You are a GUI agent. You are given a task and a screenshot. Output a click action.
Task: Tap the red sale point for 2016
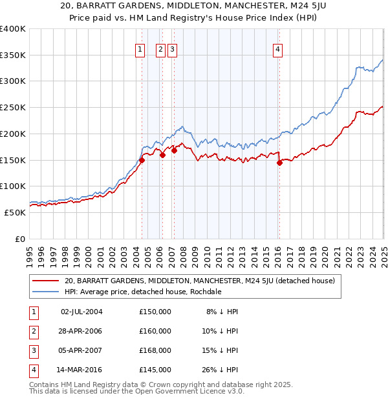tap(279, 163)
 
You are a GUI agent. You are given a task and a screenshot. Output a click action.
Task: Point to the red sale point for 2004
tap(142, 160)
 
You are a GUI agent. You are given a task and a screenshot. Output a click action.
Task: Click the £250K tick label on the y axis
tap(13, 107)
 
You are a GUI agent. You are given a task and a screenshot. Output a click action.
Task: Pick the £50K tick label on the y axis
tap(16, 212)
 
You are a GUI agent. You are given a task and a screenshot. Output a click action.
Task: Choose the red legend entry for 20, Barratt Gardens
tap(199, 281)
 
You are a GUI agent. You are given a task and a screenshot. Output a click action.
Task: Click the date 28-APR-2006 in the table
tap(81, 331)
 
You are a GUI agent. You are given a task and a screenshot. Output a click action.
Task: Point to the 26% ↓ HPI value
tap(219, 370)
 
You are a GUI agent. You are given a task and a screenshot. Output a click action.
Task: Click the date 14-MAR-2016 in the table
tap(81, 370)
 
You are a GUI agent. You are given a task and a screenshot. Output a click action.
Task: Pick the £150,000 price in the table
tap(155, 312)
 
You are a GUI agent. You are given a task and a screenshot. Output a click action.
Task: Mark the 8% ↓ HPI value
tap(221, 312)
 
